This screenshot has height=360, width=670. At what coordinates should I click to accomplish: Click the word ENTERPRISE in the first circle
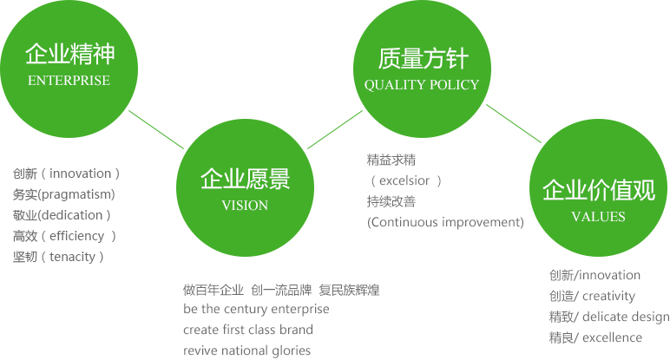(x=69, y=81)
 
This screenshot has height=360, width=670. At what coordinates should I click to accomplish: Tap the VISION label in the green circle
(x=245, y=206)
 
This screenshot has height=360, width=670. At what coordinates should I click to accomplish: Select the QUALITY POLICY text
(x=422, y=84)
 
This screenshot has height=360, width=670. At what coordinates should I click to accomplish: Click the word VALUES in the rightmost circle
(x=598, y=217)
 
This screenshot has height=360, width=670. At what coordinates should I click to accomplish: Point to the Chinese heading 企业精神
(x=70, y=54)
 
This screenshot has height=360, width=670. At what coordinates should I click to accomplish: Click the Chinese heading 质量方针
(x=423, y=58)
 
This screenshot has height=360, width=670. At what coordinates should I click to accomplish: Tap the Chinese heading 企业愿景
(x=246, y=179)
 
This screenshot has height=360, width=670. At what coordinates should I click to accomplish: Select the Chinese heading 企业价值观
(x=599, y=190)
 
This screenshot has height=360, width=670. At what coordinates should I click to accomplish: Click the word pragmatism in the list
(x=76, y=194)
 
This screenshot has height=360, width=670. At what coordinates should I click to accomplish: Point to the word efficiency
(x=77, y=236)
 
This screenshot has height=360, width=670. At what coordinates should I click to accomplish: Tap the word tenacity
(x=72, y=257)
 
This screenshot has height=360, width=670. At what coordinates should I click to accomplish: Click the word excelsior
(x=404, y=180)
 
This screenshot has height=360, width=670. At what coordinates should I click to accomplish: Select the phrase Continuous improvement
(x=445, y=222)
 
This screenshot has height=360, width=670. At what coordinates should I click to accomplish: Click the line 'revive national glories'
(x=247, y=350)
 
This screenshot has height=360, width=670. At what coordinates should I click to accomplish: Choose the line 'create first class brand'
(x=248, y=330)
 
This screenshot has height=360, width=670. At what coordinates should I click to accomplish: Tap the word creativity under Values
(x=608, y=296)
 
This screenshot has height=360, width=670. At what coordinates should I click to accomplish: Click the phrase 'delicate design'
(x=626, y=317)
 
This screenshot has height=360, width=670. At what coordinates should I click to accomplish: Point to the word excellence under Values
(x=612, y=337)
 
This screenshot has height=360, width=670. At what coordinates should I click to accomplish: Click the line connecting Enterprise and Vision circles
(x=156, y=130)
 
